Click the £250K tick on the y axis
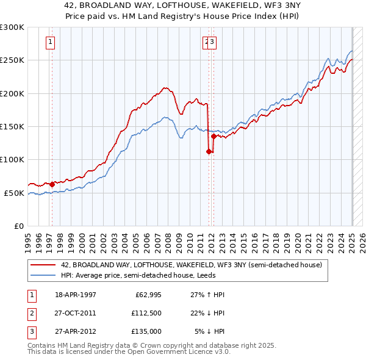pos(12,60)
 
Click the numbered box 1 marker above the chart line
pos(49,42)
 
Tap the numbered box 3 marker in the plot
pos(213,42)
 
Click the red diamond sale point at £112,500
pos(209,151)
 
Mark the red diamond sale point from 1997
pos(52,183)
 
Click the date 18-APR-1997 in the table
pos(75,295)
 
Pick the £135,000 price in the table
pos(146,331)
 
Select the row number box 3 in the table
pos(30,331)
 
